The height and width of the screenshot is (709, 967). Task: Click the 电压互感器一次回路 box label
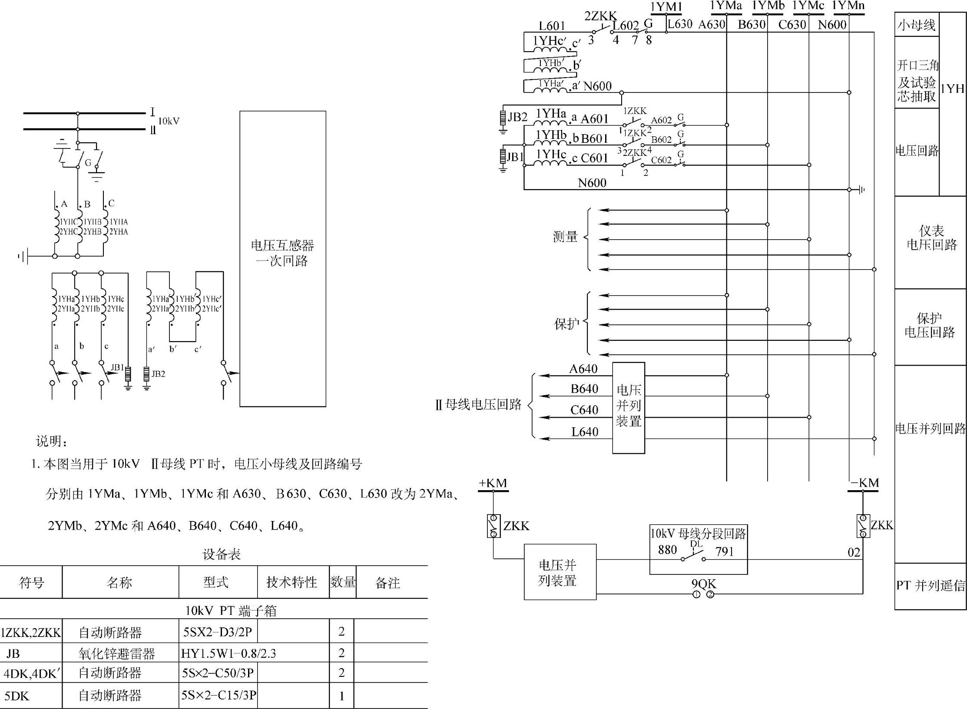coord(282,253)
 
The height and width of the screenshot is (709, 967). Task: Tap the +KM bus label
coord(493,483)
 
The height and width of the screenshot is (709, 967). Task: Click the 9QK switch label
coord(703,584)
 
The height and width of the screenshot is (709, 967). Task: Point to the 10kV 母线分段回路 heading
coord(698,534)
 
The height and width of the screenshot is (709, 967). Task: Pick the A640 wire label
coord(583,369)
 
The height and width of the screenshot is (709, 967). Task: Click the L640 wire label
coord(584,432)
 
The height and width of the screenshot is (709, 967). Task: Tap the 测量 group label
coord(565,237)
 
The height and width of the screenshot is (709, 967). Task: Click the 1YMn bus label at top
coord(848,6)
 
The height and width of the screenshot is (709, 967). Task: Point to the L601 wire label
coord(552,26)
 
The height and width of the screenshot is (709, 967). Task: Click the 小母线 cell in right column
coord(916,25)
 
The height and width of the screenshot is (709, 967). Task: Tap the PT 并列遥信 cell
coord(931,586)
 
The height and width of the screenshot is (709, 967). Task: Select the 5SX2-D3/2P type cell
coord(217,632)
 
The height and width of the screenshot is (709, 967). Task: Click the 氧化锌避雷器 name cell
coord(117,653)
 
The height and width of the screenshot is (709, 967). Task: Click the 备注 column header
coord(387,583)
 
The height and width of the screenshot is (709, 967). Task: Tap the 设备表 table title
coord(222,554)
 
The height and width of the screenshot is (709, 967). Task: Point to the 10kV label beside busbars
coord(169,121)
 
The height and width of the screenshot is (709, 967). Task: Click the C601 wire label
coord(594,158)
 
